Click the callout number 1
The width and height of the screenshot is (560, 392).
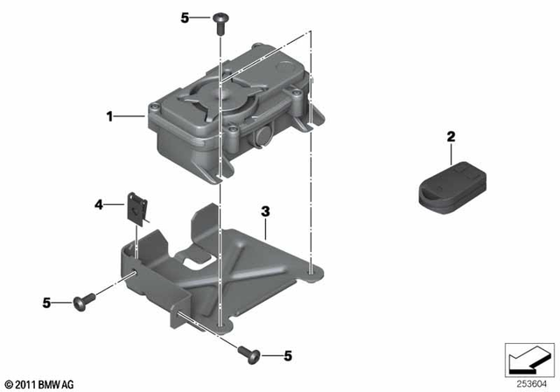click(110, 115)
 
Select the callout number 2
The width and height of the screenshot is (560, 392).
click(451, 136)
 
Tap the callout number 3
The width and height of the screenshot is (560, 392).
click(263, 212)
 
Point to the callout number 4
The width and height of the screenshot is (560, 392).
click(99, 205)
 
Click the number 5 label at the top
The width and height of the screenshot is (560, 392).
click(184, 17)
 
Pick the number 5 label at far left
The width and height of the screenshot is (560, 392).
click(47, 303)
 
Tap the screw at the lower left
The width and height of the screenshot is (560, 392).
click(84, 303)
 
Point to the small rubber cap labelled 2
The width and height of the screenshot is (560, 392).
click(448, 185)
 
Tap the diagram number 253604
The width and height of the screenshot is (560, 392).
click(527, 381)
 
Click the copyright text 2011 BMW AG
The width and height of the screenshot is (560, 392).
click(38, 383)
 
